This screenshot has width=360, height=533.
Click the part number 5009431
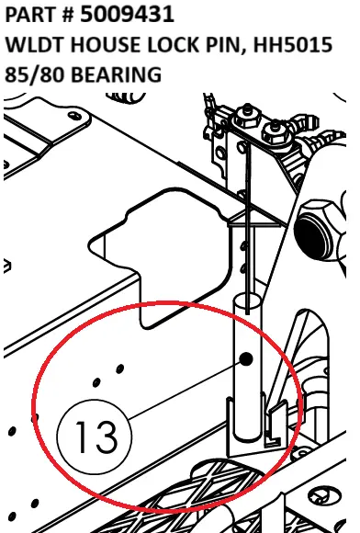[x=127, y=15]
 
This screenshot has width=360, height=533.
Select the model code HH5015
[x=292, y=44]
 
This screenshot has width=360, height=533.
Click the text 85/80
[x=35, y=74]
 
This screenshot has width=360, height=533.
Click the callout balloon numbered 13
[x=95, y=437]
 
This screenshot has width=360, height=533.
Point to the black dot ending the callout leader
[x=246, y=359]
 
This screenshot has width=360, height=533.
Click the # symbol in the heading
[x=68, y=15]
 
